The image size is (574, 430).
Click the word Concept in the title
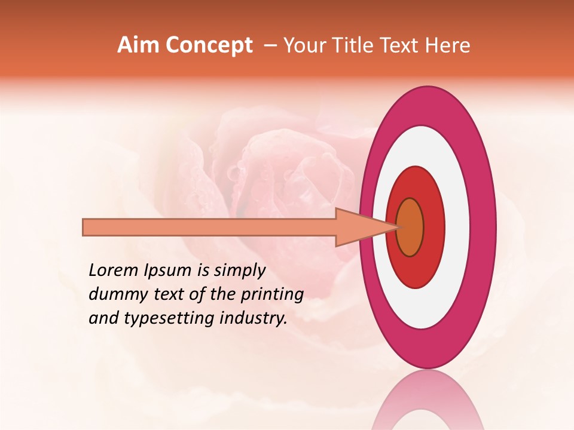[209, 45]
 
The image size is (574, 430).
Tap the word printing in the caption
[273, 295]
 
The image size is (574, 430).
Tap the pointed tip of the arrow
[398, 227]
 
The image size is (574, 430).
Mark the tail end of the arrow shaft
[85, 227]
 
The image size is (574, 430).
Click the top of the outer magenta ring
[428, 105]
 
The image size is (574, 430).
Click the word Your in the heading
[303, 45]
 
